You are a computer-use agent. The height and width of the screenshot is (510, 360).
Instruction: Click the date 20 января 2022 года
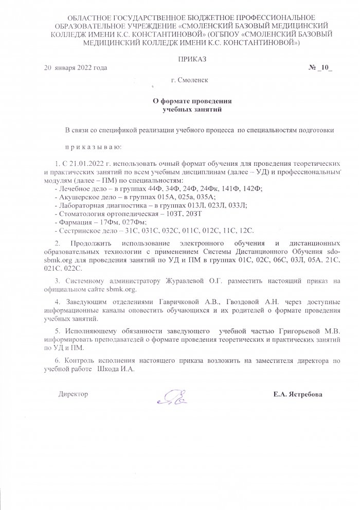click(x=76, y=68)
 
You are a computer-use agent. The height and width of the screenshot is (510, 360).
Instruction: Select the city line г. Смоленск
click(x=189, y=81)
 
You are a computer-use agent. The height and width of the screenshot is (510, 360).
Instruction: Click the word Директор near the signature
click(x=74, y=394)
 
